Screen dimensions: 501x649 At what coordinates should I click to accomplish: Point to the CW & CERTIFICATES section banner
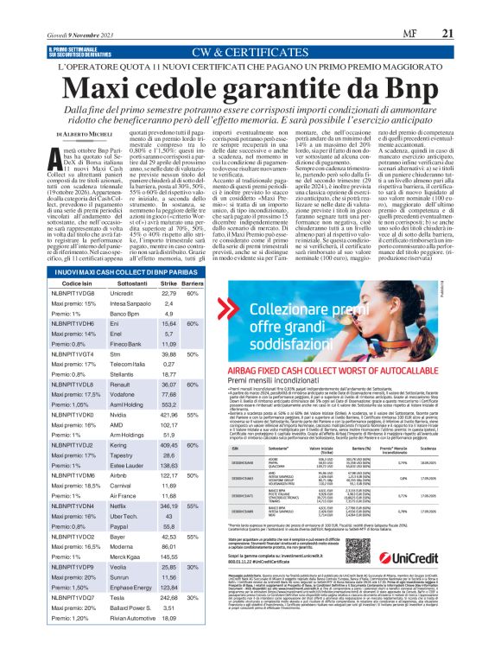point(250,51)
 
